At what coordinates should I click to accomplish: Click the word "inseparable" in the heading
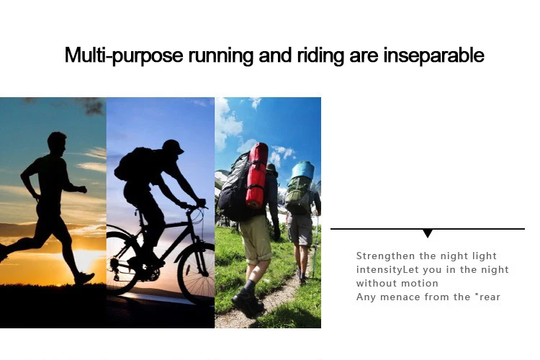(434, 55)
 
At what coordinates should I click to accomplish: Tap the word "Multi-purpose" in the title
(124, 55)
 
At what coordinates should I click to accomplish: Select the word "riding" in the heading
(320, 55)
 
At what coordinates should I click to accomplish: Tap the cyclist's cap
(174, 146)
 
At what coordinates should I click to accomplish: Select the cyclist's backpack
(132, 164)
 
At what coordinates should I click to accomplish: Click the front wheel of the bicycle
(197, 273)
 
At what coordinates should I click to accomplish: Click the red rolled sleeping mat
(256, 176)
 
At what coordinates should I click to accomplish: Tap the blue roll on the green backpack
(302, 170)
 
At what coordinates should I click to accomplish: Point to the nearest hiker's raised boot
(247, 302)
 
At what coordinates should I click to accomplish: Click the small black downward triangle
(428, 233)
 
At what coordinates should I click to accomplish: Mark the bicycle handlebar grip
(202, 202)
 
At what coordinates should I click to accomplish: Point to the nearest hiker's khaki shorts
(256, 240)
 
